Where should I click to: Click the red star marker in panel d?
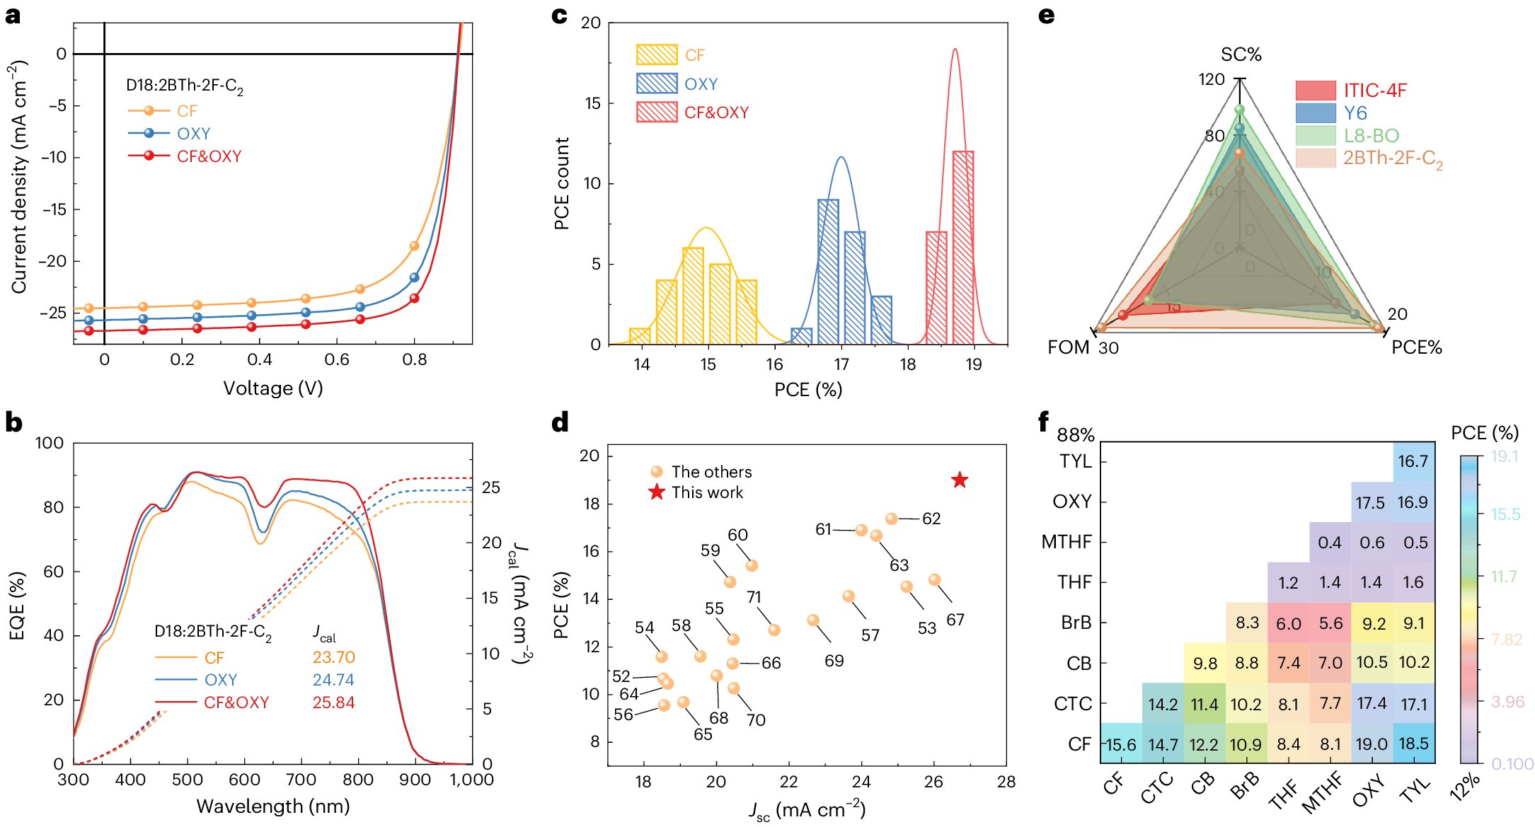[x=959, y=480]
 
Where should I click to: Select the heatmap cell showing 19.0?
[x=1372, y=744]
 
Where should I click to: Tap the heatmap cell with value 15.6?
[x=1121, y=744]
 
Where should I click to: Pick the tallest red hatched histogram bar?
[x=963, y=247]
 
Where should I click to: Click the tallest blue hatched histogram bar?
[x=828, y=271]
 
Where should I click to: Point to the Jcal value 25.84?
[x=333, y=702]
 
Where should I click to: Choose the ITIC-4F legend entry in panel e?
[x=1375, y=91]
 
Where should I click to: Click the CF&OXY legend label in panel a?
[x=209, y=156]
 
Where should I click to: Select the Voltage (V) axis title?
[x=273, y=388]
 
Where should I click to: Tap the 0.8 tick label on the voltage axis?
[x=414, y=359]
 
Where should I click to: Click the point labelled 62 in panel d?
[x=892, y=519]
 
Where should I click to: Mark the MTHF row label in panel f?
[x=1066, y=542]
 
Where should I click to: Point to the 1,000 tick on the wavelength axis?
[x=472, y=780]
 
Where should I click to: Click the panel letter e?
[x=1046, y=15]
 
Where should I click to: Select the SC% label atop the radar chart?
[x=1241, y=54]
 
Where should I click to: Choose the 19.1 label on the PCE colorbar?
[x=1505, y=456]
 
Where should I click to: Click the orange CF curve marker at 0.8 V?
[x=415, y=246]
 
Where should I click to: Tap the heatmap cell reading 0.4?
[x=1330, y=543]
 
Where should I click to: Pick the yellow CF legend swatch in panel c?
[x=657, y=54]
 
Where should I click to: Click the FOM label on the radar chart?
[x=1068, y=347]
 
